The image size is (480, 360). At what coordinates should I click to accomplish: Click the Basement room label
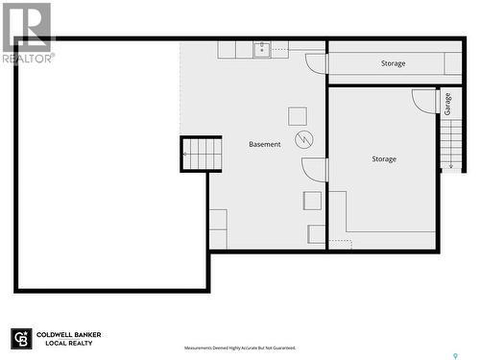[x=265, y=144]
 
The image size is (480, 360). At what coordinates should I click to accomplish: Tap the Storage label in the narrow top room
[x=393, y=63]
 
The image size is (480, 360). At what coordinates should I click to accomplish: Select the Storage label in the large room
[x=384, y=159]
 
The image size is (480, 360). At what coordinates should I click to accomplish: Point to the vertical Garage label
[x=448, y=104]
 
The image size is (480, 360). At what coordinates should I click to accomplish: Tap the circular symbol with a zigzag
[x=304, y=140]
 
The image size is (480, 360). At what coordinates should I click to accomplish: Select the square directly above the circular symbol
[x=298, y=116]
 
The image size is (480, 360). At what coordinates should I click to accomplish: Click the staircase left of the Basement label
[x=202, y=154]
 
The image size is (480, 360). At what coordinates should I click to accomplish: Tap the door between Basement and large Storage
[x=315, y=170]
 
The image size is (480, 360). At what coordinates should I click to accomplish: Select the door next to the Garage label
[x=425, y=101]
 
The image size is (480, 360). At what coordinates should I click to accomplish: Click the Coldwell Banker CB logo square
[x=21, y=339]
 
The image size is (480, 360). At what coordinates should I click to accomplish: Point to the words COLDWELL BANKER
[x=69, y=335]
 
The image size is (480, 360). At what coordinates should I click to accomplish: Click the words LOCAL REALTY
[x=67, y=344]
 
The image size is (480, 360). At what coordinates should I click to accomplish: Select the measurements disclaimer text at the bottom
[x=240, y=348]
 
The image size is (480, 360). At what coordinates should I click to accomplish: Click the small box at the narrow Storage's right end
[x=453, y=63]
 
